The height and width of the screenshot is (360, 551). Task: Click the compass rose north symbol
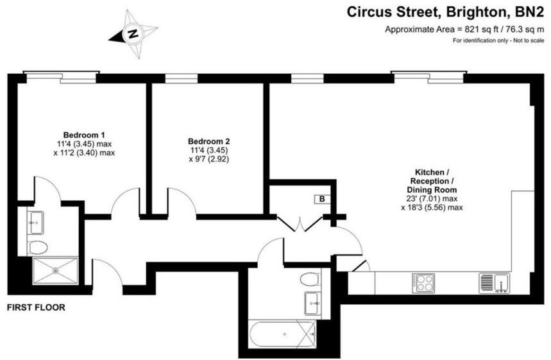pyautogui.click(x=133, y=33)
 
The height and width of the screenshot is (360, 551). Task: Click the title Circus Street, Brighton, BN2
pyautogui.click(x=446, y=12)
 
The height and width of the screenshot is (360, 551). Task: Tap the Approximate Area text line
pyautogui.click(x=464, y=29)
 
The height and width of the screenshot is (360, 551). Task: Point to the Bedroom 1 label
pyautogui.click(x=84, y=135)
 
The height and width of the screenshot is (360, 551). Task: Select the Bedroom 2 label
pyautogui.click(x=208, y=141)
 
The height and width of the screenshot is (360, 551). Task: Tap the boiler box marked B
pyautogui.click(x=320, y=200)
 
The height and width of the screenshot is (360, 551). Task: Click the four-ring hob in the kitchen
pyautogui.click(x=424, y=282)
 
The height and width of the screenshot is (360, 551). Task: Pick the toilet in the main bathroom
pyautogui.click(x=310, y=279)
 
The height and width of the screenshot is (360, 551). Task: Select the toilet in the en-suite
pyautogui.click(x=38, y=247)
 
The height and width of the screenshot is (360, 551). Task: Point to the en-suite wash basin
pyautogui.click(x=35, y=223)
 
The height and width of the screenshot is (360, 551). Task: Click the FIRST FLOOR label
pyautogui.click(x=36, y=307)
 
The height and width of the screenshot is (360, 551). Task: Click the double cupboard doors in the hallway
pyautogui.click(x=300, y=224)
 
